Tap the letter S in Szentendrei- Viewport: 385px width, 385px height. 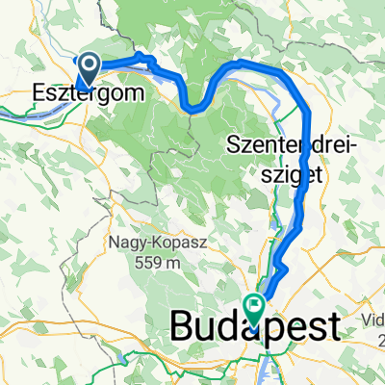236,147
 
